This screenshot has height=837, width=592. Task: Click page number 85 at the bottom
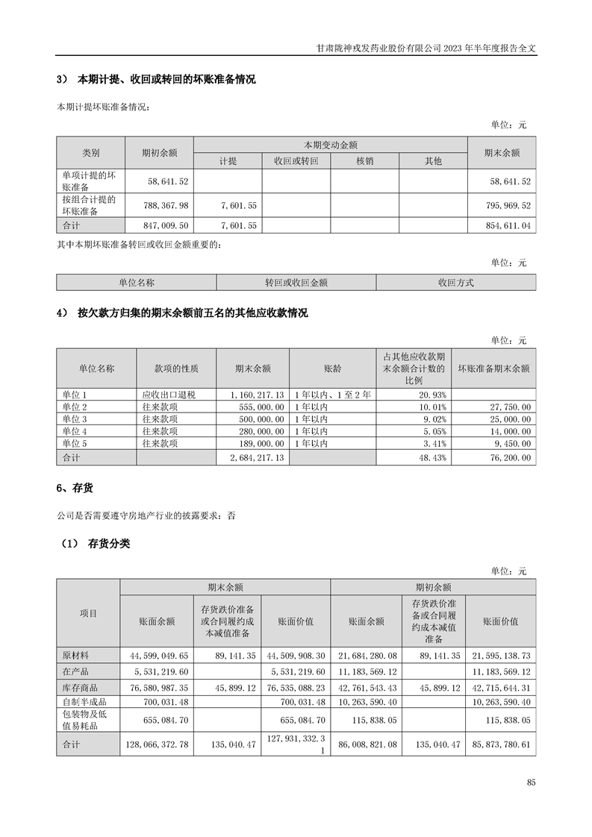point(531,782)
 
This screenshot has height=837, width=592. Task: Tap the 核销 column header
point(364,160)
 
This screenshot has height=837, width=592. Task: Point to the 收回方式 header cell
point(455,283)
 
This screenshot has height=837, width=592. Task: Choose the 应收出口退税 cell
point(169,395)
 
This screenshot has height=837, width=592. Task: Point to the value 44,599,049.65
point(160,654)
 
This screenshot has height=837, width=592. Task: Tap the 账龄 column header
point(332,368)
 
